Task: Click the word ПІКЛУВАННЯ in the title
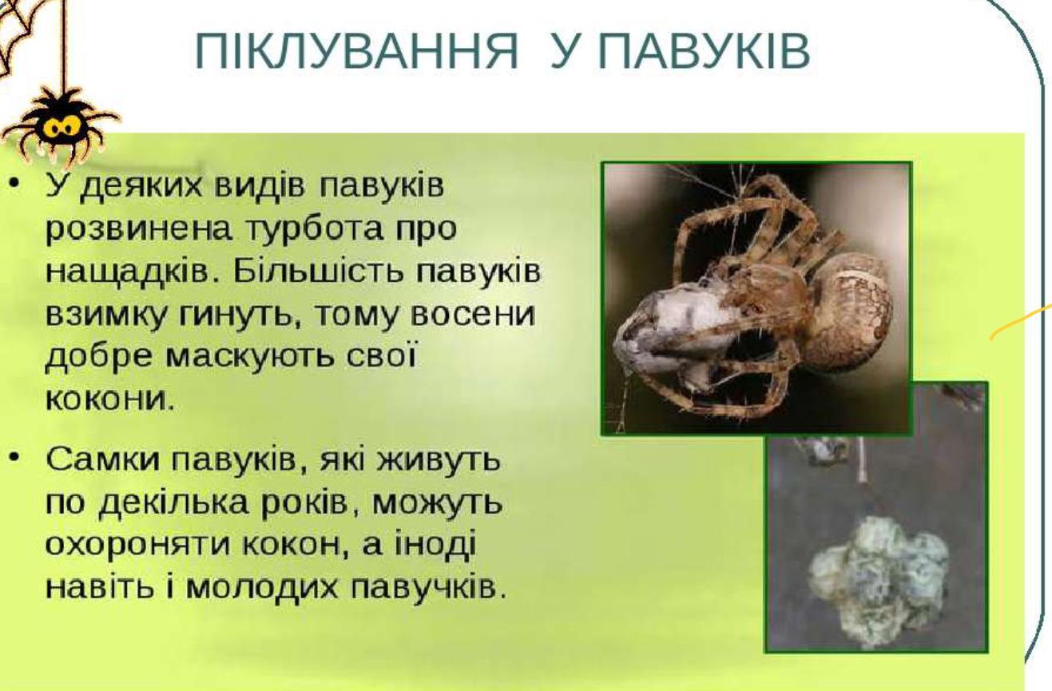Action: coord(356,51)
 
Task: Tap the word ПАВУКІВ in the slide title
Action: coord(705,51)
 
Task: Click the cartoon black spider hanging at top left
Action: coord(60,124)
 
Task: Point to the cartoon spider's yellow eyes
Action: coord(60,126)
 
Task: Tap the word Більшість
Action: coord(319,272)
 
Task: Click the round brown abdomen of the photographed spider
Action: coord(849,312)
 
